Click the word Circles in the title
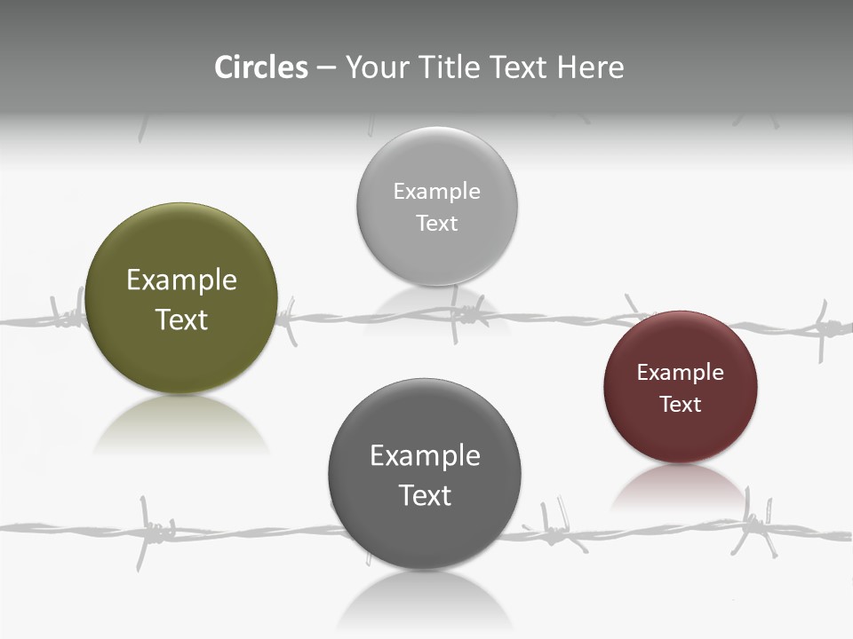[x=261, y=67]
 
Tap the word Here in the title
[x=590, y=67]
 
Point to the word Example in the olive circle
[x=181, y=280]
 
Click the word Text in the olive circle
[x=181, y=319]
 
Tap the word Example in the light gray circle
[x=436, y=192]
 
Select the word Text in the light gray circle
[x=436, y=224]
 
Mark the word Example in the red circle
[x=681, y=373]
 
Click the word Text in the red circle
[x=681, y=405]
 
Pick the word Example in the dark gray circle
[x=425, y=456]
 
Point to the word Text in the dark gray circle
[x=425, y=495]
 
